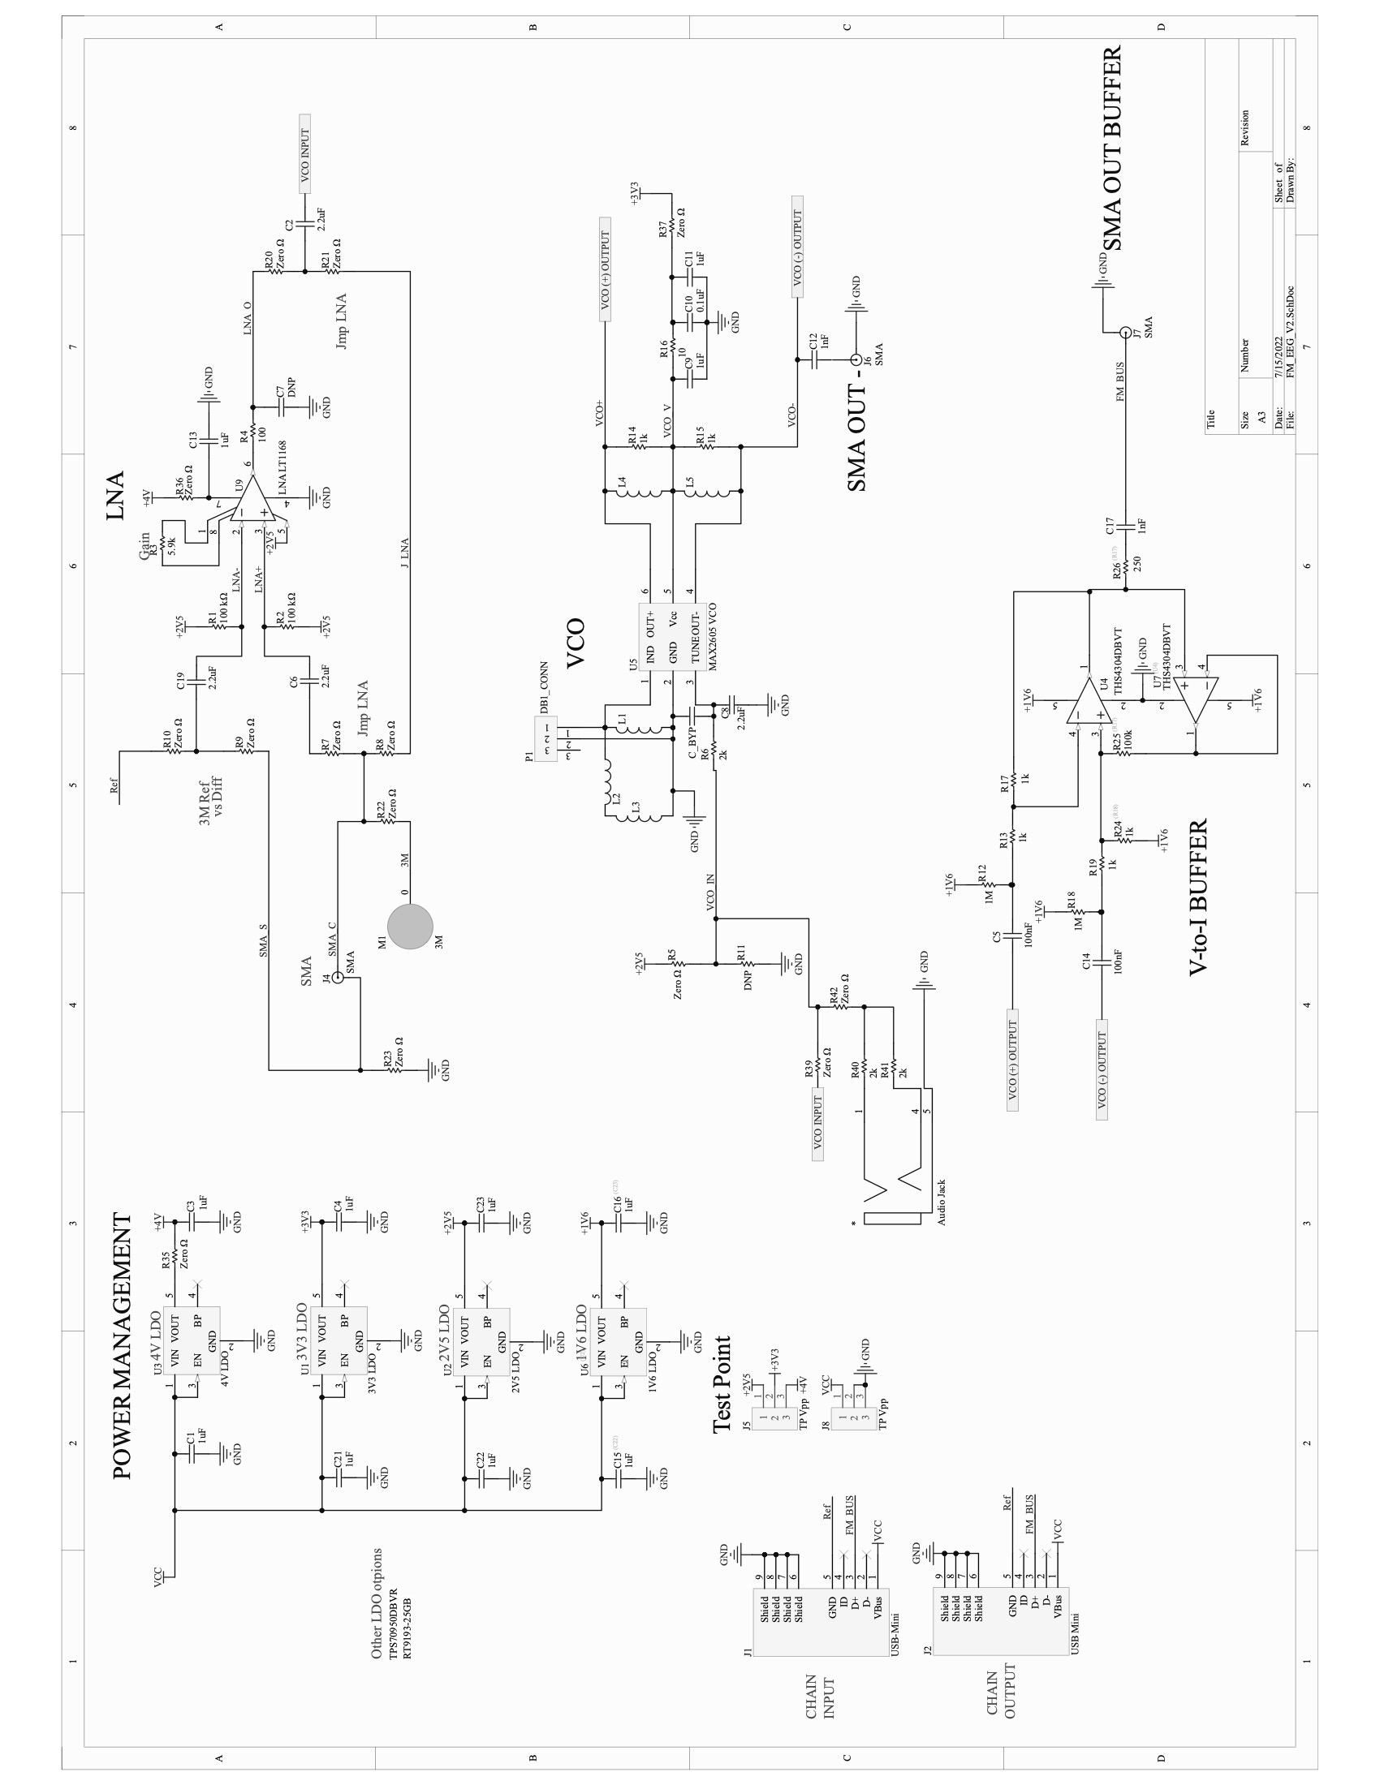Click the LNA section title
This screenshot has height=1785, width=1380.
point(115,495)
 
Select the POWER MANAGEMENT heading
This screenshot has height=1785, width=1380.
point(122,1345)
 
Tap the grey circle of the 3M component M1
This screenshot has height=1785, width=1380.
point(410,927)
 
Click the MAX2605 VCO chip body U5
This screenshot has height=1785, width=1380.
point(671,637)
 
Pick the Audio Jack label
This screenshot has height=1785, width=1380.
point(941,1202)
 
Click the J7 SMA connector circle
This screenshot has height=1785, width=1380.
point(1125,332)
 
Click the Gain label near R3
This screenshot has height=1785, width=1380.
point(144,546)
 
